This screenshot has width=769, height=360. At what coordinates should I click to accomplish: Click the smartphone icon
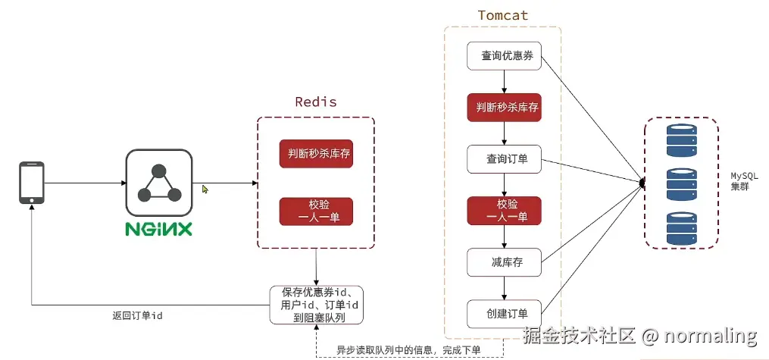coord(31,182)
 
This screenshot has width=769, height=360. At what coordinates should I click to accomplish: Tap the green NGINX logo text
coord(159,228)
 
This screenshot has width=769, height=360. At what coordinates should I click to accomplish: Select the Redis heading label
coord(316,102)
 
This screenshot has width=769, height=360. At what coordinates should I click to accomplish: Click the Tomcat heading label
coord(502,15)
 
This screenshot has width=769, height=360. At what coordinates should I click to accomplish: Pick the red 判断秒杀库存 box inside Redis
coord(316,154)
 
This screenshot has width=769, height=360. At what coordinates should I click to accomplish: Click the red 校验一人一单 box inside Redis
coord(316,211)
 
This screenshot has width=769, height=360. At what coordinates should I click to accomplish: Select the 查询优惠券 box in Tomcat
coord(503,56)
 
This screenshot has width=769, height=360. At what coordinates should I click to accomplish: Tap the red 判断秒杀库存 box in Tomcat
coord(503,108)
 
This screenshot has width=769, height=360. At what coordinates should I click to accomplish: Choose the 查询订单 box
coord(503,159)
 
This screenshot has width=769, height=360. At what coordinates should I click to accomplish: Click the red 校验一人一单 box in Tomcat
coord(503,211)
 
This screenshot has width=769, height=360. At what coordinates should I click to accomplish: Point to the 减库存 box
coord(503,262)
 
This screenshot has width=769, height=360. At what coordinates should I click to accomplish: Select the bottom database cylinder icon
coord(681,228)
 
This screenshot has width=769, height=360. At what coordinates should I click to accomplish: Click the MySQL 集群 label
coord(740,180)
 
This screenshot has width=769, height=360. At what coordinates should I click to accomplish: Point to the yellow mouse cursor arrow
coord(205,189)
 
